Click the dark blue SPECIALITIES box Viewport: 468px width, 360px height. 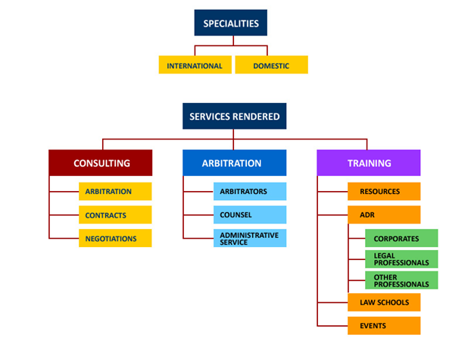[x=230, y=23]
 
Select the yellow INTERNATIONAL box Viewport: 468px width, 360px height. [x=195, y=66]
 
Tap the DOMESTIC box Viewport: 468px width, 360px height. [x=271, y=66]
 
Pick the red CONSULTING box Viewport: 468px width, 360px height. [x=101, y=163]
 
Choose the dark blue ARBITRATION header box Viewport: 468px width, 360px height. [x=234, y=163]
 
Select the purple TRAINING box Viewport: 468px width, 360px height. [x=368, y=163]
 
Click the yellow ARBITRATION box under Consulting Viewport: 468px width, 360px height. [x=114, y=192]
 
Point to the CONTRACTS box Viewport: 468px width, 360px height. [x=114, y=215]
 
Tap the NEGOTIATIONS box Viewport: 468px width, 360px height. [x=114, y=239]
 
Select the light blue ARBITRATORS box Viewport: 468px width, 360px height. [x=249, y=192]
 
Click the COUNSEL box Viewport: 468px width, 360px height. [x=249, y=215]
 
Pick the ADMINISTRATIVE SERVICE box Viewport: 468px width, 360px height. [x=249, y=238]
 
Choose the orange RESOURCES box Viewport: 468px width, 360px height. [x=383, y=192]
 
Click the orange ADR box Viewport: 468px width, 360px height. [x=383, y=215]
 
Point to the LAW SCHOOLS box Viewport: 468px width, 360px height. [x=383, y=302]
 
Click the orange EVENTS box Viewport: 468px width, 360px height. [x=383, y=326]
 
